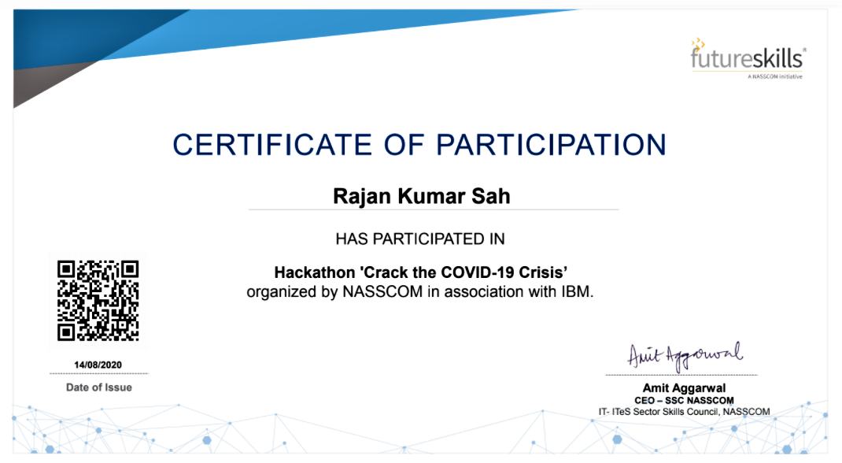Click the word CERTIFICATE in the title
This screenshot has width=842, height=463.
point(272,145)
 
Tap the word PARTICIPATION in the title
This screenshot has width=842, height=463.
point(551,145)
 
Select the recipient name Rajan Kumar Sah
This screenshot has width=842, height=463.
point(422,196)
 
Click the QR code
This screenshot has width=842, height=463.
point(98,301)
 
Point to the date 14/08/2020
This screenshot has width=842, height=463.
point(98,365)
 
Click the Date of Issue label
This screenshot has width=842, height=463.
point(99,387)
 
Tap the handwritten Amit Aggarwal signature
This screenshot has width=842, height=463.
point(685,355)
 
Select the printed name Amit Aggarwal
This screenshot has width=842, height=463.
point(684,388)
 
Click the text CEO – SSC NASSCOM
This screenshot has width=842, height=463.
point(684,401)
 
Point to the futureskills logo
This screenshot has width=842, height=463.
point(748,59)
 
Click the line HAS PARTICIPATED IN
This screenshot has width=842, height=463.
point(420,239)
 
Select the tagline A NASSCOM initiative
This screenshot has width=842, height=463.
point(775,77)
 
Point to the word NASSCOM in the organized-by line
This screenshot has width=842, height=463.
point(382,291)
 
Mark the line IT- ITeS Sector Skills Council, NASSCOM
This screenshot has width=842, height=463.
point(684,412)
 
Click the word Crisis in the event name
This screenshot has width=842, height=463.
point(543,272)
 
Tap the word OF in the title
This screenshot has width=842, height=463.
point(404,145)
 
